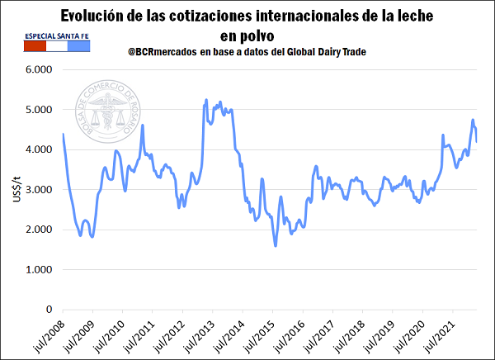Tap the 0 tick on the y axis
pos(49,310)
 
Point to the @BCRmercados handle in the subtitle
pos(162,53)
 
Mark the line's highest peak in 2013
pos(205,100)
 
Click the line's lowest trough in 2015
pos(276,245)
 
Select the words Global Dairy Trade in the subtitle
pos(319,53)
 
